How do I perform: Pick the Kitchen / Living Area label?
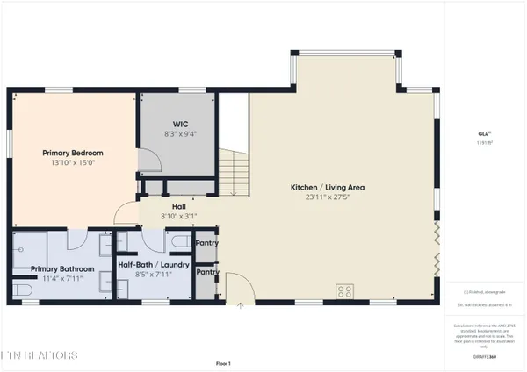click(x=328, y=187)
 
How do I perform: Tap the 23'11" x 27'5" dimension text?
click(x=328, y=197)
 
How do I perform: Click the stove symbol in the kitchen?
click(x=345, y=291)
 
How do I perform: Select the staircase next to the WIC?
click(x=232, y=172)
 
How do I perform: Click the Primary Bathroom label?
click(x=61, y=268)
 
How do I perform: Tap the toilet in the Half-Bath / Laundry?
click(x=178, y=239)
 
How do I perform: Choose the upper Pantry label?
click(x=207, y=243)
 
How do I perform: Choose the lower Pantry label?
click(x=207, y=272)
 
